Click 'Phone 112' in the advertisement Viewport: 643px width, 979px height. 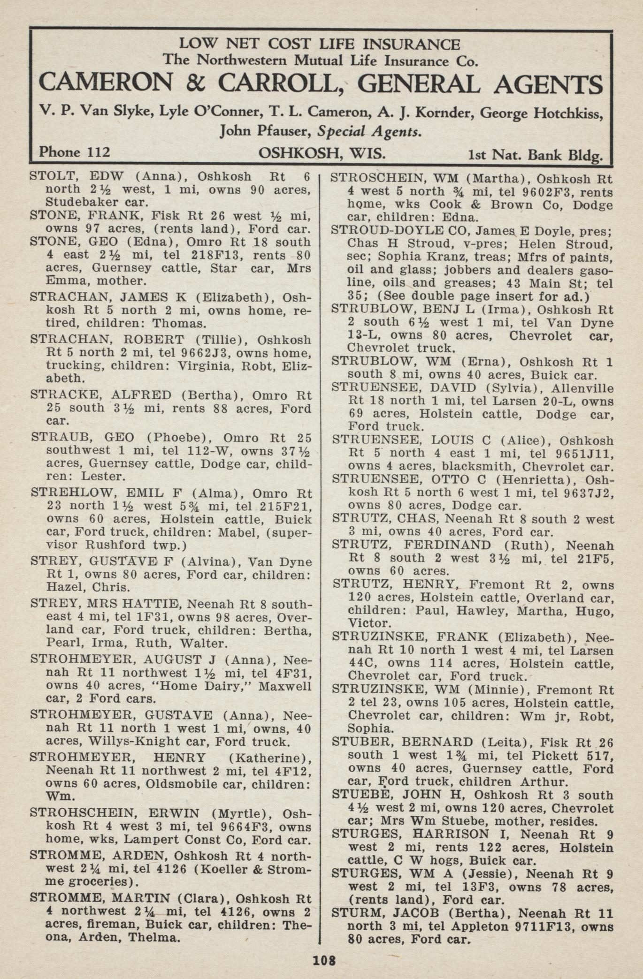[75, 152]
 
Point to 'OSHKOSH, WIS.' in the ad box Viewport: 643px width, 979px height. [322, 153]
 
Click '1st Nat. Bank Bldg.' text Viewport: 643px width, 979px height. [535, 154]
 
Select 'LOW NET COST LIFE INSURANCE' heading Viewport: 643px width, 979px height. [320, 44]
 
